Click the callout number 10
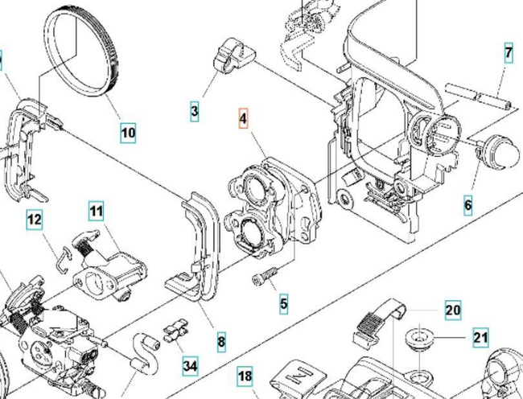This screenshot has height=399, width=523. [x=128, y=132]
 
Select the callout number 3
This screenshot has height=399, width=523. [x=194, y=111]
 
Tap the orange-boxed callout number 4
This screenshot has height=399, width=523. [x=243, y=119]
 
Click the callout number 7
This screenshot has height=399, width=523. [x=509, y=54]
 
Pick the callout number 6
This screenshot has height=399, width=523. [x=468, y=205]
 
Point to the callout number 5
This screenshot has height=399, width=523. [x=283, y=304]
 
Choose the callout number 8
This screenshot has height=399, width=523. [x=221, y=342]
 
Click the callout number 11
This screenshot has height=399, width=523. [x=97, y=212]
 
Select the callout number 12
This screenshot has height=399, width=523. [x=34, y=220]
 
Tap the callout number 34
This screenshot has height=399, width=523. [x=190, y=366]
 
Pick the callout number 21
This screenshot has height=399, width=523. [x=480, y=338]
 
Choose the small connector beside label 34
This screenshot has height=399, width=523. [x=175, y=331]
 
